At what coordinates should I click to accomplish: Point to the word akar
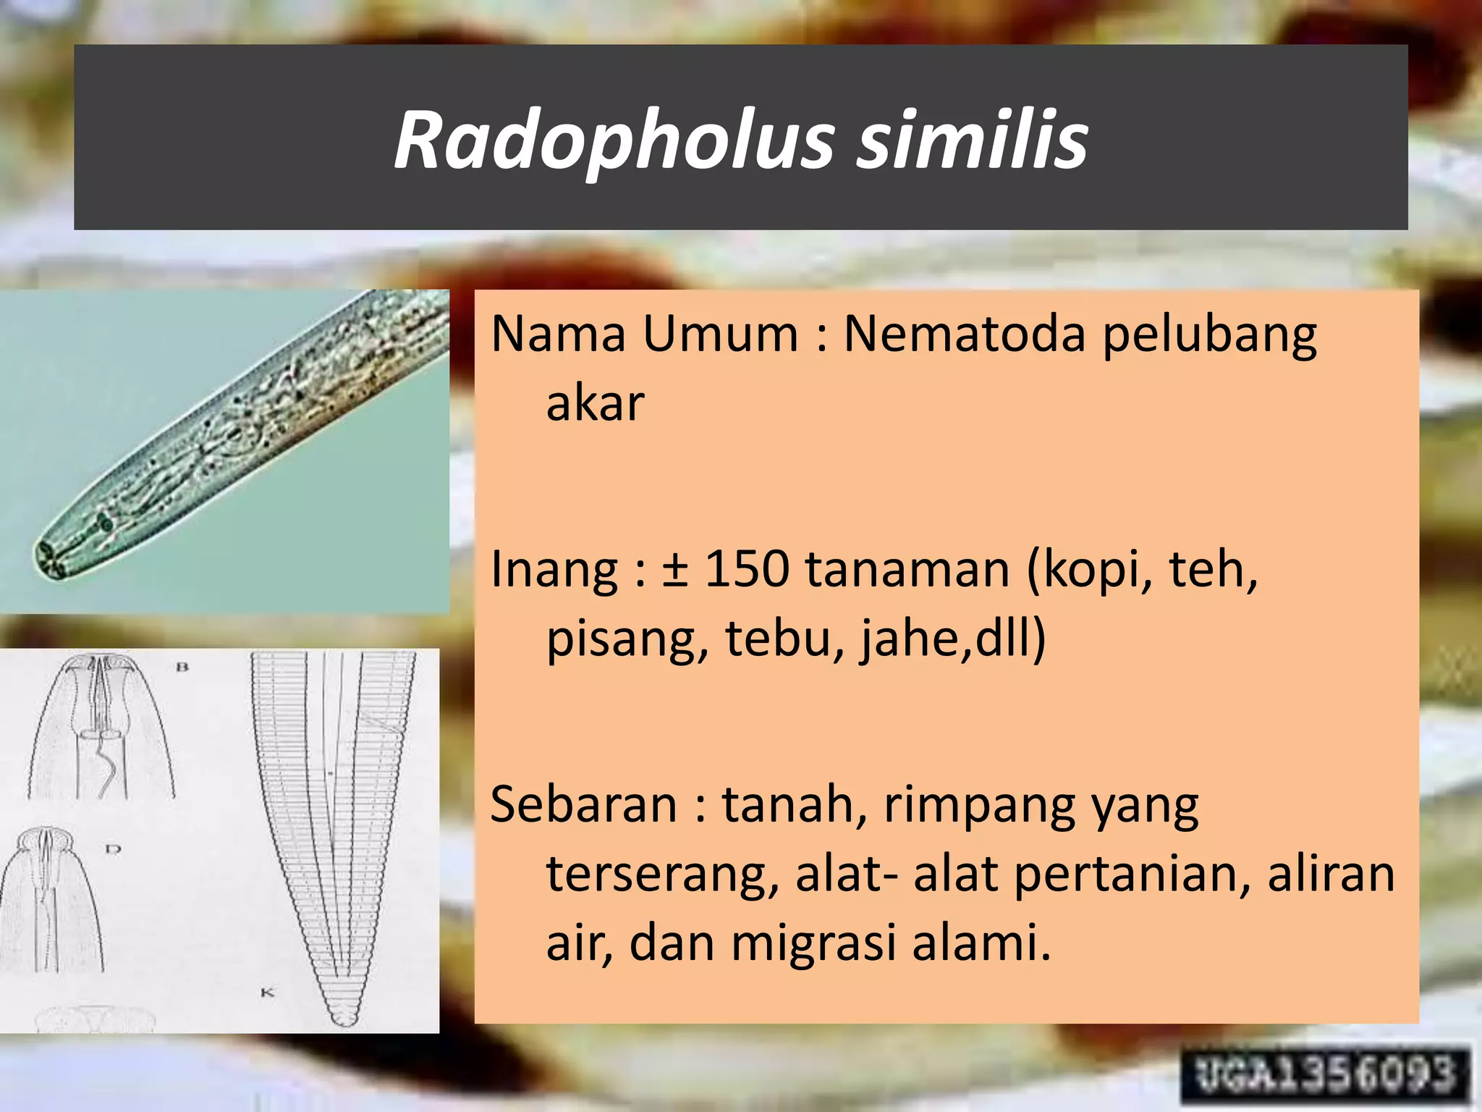tap(594, 403)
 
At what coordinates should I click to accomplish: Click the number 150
tap(746, 569)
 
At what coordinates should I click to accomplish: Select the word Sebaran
tap(583, 805)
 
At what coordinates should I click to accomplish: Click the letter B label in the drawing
tap(182, 667)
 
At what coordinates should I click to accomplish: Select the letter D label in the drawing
tap(113, 848)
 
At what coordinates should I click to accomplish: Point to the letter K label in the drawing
tap(267, 993)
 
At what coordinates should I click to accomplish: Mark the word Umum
tap(720, 334)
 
